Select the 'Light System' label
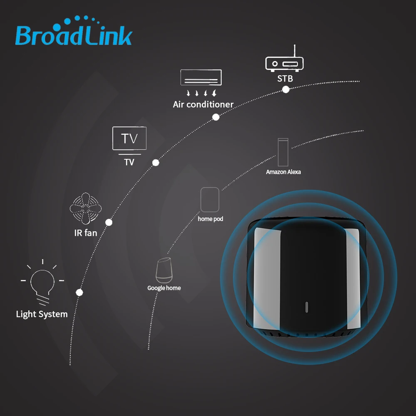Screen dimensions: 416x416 click(42, 314)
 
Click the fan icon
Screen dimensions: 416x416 click(85, 208)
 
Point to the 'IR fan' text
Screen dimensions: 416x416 click(85, 233)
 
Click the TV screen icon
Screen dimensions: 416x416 click(129, 139)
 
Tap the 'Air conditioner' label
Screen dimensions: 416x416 click(203, 104)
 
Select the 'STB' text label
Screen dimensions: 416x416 click(285, 79)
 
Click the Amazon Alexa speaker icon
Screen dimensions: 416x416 click(283, 152)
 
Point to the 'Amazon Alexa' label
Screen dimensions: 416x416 click(283, 172)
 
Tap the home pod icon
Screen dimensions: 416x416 click(210, 200)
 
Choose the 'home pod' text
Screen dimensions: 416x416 click(210, 219)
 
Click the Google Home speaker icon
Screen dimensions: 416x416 click(163, 270)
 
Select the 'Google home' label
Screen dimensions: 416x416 click(164, 288)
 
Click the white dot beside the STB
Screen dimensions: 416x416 click(286, 89)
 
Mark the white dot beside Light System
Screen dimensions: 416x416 click(79, 292)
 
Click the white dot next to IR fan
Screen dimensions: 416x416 click(109, 222)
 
